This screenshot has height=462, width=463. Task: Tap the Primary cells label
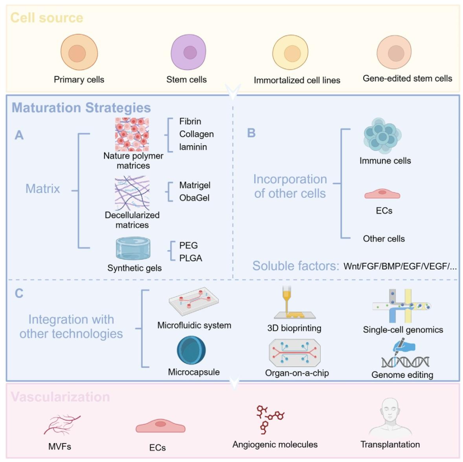click(79, 79)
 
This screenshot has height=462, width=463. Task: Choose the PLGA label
click(191, 258)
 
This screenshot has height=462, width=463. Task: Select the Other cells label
click(384, 238)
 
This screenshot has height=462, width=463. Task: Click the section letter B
click(251, 133)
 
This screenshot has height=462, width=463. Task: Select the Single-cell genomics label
click(403, 330)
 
